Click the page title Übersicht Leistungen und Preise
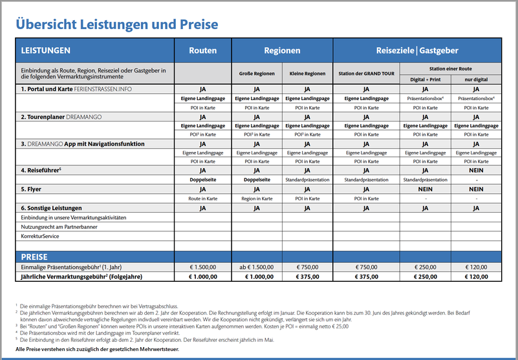117,25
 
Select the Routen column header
203,50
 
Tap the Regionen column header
282,50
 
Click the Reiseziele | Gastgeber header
417,50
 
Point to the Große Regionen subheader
257,74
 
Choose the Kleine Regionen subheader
308,74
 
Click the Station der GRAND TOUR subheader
367,74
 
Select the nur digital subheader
476,79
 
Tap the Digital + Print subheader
426,79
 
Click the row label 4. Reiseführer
41,171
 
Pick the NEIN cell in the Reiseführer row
476,171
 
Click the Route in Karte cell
203,198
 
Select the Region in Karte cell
257,198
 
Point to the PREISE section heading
34,257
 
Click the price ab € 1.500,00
257,267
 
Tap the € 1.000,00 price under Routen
203,277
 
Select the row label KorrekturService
40,236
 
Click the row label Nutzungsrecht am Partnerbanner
59,227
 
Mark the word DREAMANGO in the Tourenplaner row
84,117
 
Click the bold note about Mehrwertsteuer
97,349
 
